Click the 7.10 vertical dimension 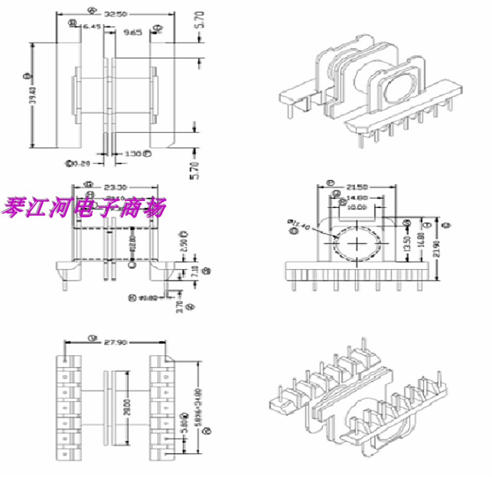click(196, 270)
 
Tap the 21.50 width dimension click(356, 186)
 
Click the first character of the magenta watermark click(14, 208)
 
